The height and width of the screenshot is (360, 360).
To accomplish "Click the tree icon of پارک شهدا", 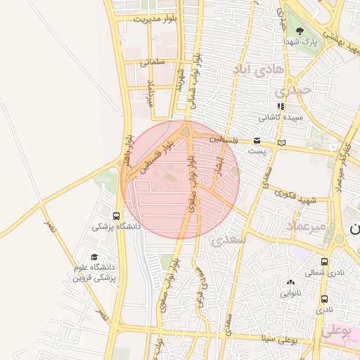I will coord(300,31).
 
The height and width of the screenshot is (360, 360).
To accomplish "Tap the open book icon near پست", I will coord(282,142).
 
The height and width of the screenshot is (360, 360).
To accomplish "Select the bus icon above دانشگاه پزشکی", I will coord(116,216).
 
